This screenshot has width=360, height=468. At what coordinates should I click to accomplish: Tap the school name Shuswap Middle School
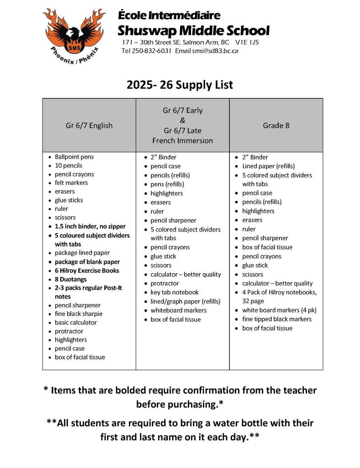193,31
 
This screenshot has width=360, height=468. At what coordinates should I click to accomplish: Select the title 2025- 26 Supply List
180,85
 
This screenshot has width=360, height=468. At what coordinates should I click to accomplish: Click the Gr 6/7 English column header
89,125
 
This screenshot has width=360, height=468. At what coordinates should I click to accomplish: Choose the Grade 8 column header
276,125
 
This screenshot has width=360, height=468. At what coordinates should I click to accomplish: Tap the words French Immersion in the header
182,140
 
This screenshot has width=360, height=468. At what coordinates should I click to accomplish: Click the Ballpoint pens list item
74,157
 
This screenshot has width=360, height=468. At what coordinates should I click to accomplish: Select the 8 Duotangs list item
70,279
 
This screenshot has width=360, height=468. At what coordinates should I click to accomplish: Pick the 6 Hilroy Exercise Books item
87,271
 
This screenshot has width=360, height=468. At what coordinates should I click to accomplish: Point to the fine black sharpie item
79,314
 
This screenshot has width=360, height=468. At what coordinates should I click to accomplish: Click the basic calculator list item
75,323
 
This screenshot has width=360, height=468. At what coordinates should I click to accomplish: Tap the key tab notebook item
175,292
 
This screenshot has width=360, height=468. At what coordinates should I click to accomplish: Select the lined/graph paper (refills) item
185,301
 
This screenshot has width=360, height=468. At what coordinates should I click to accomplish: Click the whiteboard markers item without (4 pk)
178,310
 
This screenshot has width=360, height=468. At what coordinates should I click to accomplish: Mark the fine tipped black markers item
277,319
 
